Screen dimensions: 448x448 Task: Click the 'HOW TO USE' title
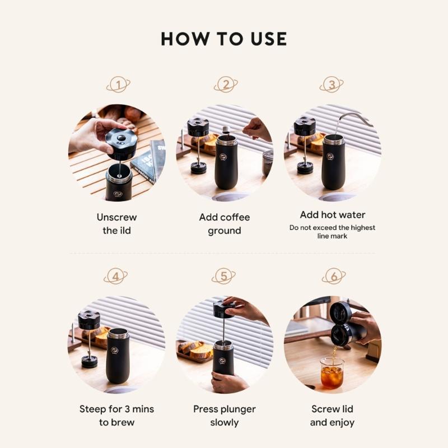(x=223, y=39)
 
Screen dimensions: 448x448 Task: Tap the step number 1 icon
(x=118, y=85)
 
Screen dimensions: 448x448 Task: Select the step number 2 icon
(x=226, y=85)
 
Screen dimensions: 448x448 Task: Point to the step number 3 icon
(x=332, y=85)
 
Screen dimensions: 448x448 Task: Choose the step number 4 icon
(x=115, y=276)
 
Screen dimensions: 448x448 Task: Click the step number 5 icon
(x=223, y=276)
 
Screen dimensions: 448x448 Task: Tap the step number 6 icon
(x=334, y=276)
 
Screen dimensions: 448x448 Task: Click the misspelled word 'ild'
(x=124, y=230)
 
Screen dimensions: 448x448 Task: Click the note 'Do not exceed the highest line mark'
(x=332, y=232)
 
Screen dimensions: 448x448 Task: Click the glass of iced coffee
(x=332, y=373)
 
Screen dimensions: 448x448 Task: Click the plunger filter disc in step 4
(x=89, y=362)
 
